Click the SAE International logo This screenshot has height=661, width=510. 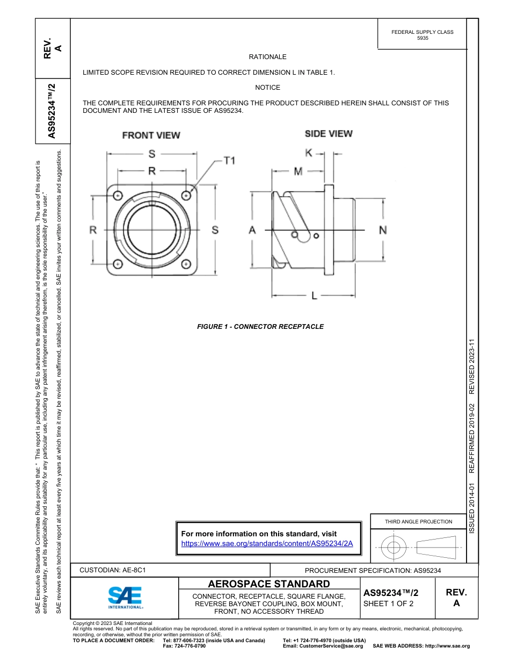125,597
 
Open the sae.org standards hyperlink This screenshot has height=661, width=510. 267,543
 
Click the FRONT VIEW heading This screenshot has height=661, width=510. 151,135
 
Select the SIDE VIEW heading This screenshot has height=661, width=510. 329,133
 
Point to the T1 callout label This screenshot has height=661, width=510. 229,161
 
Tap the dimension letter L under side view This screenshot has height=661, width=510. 315,296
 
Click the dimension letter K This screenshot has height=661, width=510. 309,153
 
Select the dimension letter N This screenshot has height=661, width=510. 383,230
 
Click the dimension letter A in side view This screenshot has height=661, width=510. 252,230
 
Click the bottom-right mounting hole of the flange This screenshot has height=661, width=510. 186,264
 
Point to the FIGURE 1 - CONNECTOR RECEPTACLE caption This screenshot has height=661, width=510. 260,326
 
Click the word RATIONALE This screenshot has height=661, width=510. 267,57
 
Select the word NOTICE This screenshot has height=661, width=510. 267,88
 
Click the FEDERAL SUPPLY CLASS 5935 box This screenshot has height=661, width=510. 422,35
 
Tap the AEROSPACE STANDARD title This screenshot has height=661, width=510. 268,584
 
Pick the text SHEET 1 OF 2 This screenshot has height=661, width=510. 388,603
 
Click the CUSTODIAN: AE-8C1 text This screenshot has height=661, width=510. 113,570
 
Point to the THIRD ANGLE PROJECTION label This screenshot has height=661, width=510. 418,521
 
